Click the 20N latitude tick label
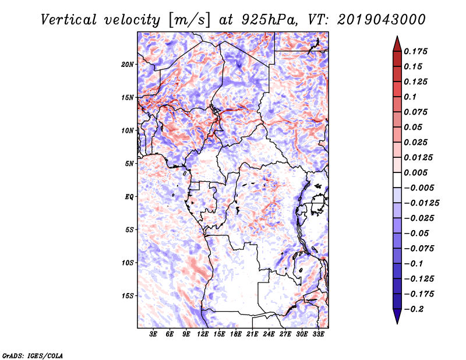click(128, 64)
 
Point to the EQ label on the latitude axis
click(129, 197)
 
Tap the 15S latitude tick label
click(128, 296)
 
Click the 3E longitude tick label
click(153, 334)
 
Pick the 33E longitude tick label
click(318, 334)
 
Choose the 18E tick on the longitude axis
click(236, 334)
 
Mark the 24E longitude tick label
click(269, 334)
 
